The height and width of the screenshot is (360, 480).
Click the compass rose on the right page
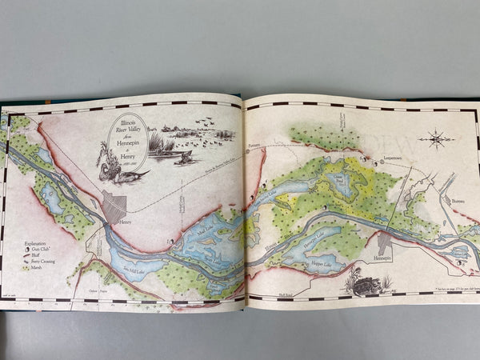pyautogui.click(x=438, y=138)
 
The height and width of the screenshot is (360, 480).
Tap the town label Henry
pyautogui.click(x=122, y=221)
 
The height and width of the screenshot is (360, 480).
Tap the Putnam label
pyautogui.click(x=254, y=146)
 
